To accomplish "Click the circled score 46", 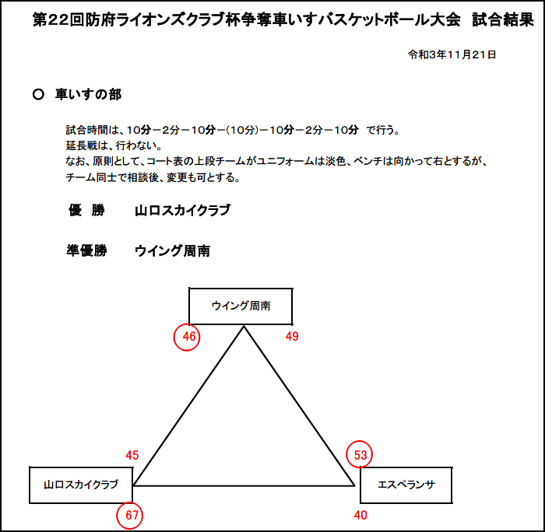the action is click(187, 337).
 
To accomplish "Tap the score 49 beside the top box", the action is click(292, 336).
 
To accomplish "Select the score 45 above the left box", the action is click(132, 455).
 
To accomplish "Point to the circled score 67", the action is click(130, 516).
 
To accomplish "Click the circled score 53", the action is click(360, 454).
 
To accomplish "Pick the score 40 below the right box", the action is click(360, 515).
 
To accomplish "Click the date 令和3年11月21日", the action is click(452, 54).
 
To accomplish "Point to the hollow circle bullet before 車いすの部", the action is click(38, 94).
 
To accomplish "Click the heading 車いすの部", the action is click(88, 94).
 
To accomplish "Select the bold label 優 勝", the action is click(86, 210).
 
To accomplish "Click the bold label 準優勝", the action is click(86, 250).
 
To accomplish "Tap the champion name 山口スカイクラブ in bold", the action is click(182, 211).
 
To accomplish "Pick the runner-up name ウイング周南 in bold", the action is click(172, 251).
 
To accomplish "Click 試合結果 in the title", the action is click(503, 19).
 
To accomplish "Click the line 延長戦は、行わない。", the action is click(114, 145).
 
